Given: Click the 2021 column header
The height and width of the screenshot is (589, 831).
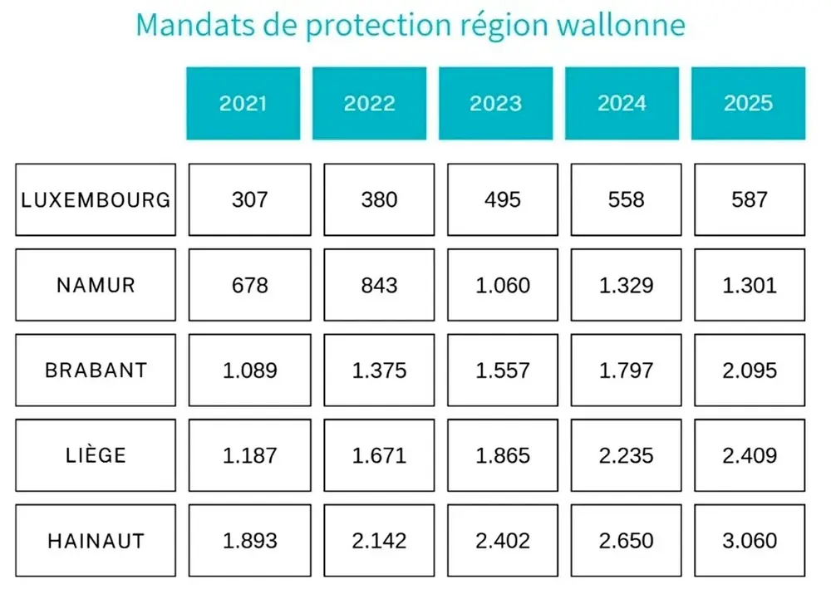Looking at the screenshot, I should (243, 103).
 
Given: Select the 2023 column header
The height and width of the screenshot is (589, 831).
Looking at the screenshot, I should (495, 103).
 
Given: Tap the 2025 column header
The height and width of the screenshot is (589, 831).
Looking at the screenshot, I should (748, 103).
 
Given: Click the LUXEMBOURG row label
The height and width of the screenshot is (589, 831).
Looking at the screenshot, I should (96, 200).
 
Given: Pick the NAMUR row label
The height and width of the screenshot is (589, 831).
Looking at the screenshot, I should (96, 285).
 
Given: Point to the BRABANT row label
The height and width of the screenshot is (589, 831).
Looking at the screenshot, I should (96, 371).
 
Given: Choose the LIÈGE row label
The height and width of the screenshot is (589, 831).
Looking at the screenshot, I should (96, 455).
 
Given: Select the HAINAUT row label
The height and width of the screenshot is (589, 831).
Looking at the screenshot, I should (96, 541).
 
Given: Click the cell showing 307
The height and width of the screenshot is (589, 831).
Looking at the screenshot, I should (249, 200).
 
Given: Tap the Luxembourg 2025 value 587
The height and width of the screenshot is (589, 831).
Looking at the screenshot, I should (750, 200).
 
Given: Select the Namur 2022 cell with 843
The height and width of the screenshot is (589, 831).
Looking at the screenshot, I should (379, 285).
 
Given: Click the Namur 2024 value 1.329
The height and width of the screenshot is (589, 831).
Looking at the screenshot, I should (626, 285).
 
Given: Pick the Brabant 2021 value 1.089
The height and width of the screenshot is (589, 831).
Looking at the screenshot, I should (249, 371).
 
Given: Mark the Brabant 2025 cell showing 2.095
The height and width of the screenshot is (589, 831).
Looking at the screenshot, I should (750, 371).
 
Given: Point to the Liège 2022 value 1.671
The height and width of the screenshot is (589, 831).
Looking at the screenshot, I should (379, 455).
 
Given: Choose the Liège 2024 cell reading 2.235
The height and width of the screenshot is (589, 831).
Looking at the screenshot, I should (626, 455).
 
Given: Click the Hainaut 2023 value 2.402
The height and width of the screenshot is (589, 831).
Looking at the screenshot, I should (503, 541).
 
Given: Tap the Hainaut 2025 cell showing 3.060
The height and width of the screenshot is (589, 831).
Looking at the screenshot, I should (750, 541).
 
